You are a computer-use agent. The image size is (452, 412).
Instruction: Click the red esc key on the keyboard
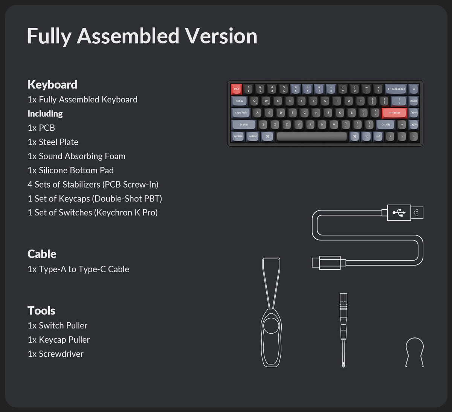(237, 89)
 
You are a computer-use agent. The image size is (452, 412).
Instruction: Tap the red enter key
(394, 113)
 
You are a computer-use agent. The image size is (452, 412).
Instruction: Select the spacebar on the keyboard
(312, 136)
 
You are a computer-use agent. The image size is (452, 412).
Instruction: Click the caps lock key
(241, 113)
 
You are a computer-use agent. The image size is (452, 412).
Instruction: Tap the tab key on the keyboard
(239, 101)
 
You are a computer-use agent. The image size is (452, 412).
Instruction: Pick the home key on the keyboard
(414, 101)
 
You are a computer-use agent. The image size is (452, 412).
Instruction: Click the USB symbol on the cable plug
(399, 213)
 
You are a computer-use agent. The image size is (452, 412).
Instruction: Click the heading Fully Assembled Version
(142, 36)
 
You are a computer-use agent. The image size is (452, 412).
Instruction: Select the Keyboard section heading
(52, 85)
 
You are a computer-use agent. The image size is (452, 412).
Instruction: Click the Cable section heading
(42, 254)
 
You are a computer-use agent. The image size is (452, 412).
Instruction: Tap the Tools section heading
(41, 311)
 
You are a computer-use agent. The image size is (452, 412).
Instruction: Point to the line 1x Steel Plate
(53, 142)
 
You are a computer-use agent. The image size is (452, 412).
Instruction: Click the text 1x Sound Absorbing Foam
(76, 156)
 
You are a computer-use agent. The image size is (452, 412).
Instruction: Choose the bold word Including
(45, 114)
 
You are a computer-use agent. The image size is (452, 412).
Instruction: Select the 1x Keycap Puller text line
(59, 340)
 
